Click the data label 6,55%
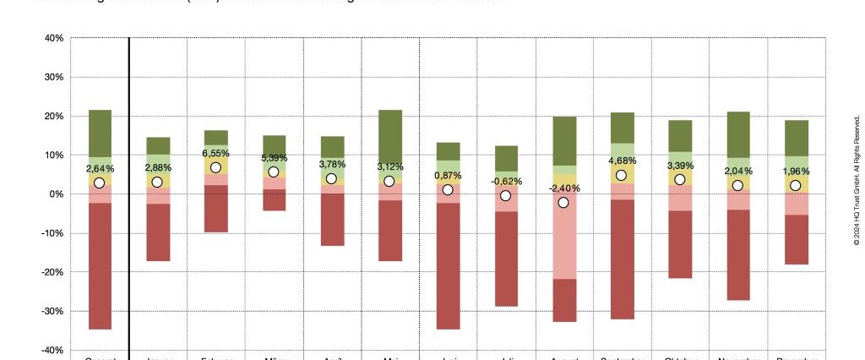pyautogui.click(x=215, y=154)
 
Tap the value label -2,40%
pyautogui.click(x=563, y=188)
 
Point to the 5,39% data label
pyautogui.click(x=274, y=158)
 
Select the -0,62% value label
pyautogui.click(x=506, y=181)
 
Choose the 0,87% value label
pyautogui.click(x=448, y=176)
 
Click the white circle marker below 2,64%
pyautogui.click(x=100, y=183)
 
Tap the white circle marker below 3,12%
pyautogui.click(x=389, y=181)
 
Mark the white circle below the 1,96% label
pyautogui.click(x=795, y=186)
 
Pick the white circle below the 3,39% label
pyautogui.click(x=679, y=179)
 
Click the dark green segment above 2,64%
pyautogui.click(x=100, y=133)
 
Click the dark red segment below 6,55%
pyautogui.click(x=215, y=208)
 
